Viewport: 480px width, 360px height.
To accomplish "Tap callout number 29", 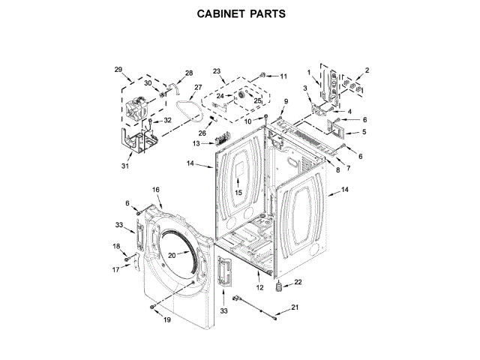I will tap(118, 70).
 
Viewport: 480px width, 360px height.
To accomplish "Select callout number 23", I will tap(217, 72).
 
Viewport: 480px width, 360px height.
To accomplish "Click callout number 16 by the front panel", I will tap(157, 190).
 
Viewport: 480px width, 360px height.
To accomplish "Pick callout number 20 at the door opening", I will tap(171, 256).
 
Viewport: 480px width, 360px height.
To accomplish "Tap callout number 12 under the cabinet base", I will tap(260, 287).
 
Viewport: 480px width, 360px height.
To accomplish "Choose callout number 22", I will tap(298, 282).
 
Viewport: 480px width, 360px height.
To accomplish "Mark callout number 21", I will tap(295, 307).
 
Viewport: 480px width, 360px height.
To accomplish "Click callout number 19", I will tap(166, 319).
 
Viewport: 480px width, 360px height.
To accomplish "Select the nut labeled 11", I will tap(264, 76).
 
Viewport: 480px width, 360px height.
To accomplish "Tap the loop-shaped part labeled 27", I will tap(194, 112).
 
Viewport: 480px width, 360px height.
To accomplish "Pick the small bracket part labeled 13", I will tap(220, 139).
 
